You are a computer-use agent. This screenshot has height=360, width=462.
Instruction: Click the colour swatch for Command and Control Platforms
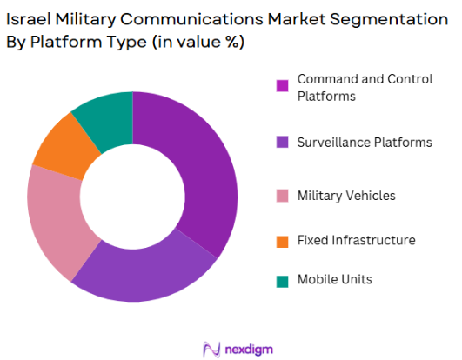pos(282,86)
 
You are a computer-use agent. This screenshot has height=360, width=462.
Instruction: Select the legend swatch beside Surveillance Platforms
pos(282,142)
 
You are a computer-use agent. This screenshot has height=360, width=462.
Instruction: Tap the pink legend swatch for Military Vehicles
pos(282,196)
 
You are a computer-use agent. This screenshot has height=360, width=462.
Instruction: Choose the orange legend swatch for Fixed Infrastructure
pos(282,240)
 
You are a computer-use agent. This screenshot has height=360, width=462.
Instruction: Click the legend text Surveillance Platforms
pos(363,142)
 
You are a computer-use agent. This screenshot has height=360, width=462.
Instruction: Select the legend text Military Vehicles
pos(346,196)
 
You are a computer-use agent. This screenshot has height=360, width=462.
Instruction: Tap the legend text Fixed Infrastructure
pos(356,240)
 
